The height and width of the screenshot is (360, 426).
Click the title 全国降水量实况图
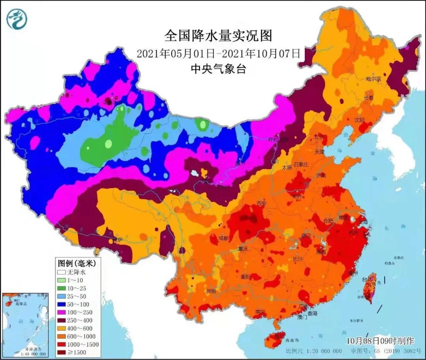(x=218, y=36)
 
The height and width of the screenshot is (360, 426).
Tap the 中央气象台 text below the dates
(x=218, y=69)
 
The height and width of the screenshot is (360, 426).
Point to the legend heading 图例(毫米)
(x=74, y=263)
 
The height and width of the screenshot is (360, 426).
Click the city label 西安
(x=262, y=203)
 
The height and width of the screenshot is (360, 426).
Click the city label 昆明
(x=211, y=291)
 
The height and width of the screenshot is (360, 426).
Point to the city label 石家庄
(x=301, y=164)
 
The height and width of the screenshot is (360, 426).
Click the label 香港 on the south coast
(x=312, y=313)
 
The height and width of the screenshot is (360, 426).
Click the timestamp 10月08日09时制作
(x=380, y=340)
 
